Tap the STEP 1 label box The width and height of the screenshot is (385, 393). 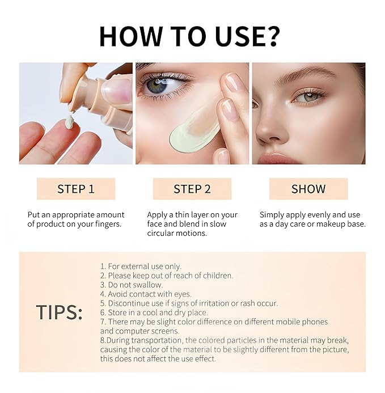coord(76,189)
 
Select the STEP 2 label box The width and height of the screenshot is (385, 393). coord(192,189)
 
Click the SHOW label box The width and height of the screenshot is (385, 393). coord(308,189)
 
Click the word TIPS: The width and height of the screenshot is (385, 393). coord(60,312)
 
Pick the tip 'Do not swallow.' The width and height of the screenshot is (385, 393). coord(132,285)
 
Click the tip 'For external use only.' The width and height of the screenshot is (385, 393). coord(141,266)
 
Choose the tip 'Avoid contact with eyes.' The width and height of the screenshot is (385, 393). coord(146,294)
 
